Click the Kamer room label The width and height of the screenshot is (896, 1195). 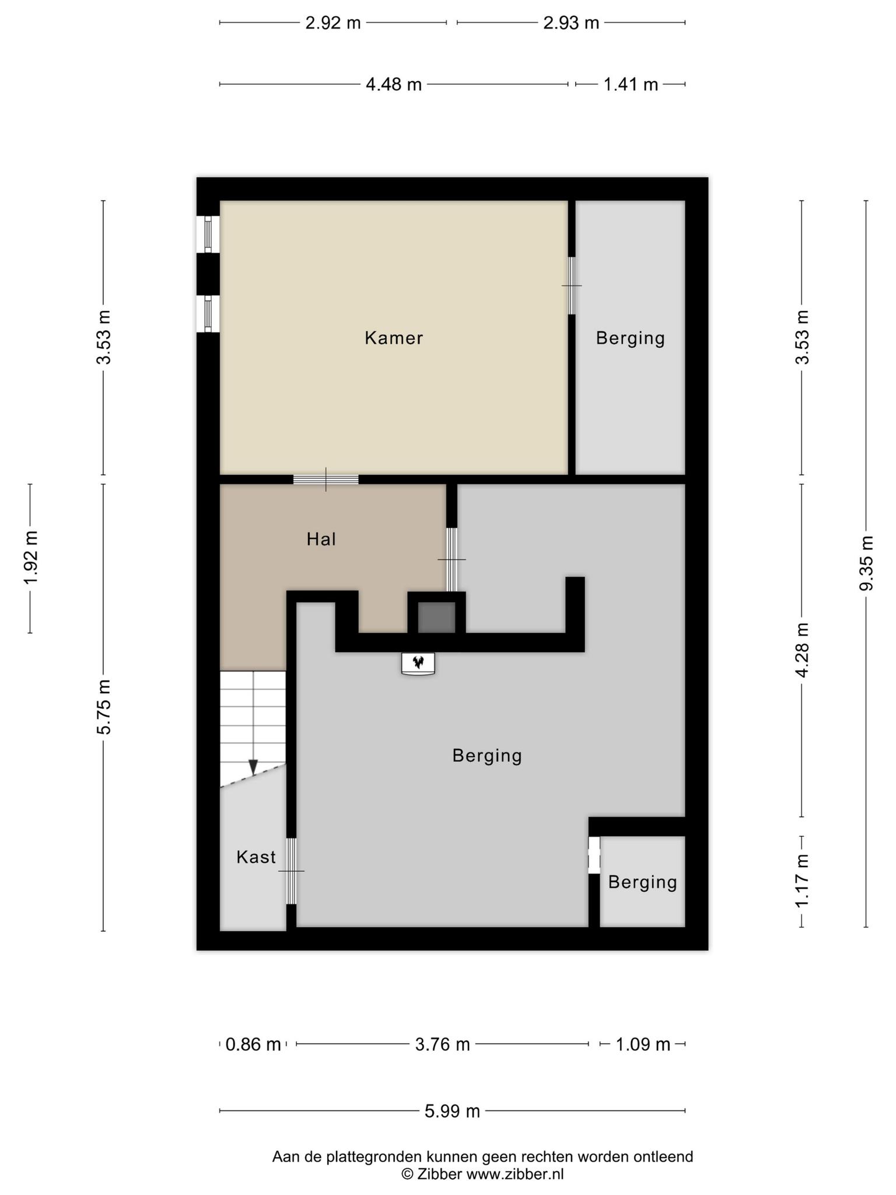(x=394, y=338)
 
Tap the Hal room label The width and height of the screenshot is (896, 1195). (x=321, y=539)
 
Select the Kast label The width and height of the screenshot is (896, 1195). (x=256, y=857)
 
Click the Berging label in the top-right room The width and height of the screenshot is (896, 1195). (x=630, y=338)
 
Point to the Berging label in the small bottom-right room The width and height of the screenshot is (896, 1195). (x=642, y=882)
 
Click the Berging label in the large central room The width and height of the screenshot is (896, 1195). (x=487, y=756)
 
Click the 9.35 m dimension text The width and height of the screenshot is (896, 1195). (x=866, y=563)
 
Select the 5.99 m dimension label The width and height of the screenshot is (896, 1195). (x=452, y=1111)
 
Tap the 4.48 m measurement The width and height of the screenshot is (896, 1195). (x=394, y=85)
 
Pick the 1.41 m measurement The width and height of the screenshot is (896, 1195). (x=631, y=85)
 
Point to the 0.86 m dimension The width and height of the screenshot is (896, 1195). (x=253, y=1044)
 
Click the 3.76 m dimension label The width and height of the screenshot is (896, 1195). (x=442, y=1044)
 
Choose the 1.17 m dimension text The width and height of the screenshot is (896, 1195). (x=802, y=881)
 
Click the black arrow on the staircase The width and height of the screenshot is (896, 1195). (x=253, y=767)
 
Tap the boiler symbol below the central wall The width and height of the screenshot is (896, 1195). (x=418, y=663)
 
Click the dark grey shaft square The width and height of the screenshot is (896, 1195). (x=436, y=617)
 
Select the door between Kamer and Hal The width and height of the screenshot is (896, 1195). (x=325, y=479)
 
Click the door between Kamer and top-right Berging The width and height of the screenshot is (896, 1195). (x=572, y=285)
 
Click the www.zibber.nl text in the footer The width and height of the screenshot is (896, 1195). (x=515, y=1175)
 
